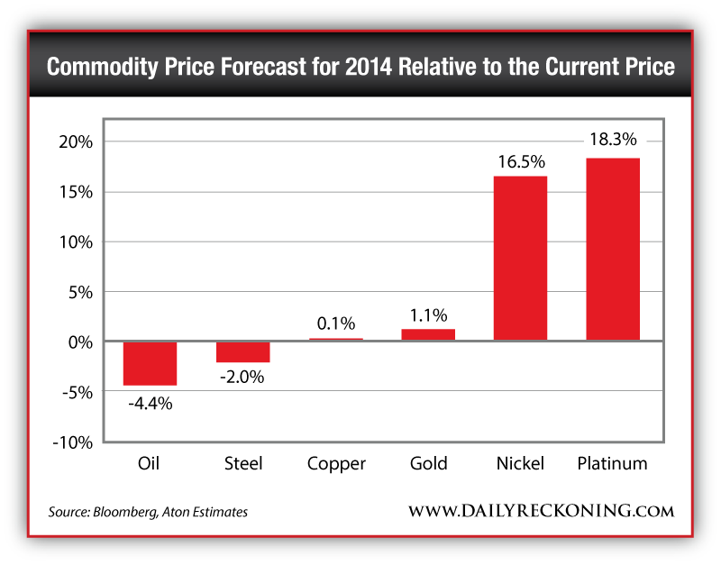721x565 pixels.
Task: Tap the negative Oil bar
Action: coord(150,363)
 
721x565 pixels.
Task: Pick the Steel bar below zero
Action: coord(242,351)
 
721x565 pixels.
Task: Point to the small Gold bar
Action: coord(428,335)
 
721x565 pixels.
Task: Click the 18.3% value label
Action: coord(613,140)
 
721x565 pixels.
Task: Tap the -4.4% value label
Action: coord(150,403)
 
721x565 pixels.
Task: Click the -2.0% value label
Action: coord(242,378)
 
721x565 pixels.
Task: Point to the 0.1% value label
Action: coord(335,324)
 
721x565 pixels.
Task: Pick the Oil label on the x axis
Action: coord(150,464)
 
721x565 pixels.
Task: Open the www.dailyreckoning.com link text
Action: coord(541,511)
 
